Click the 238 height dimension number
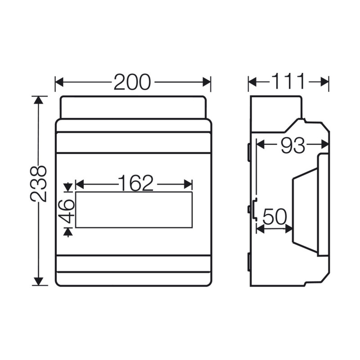coord(39,184)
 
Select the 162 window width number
coord(135,183)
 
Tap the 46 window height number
coord(67,211)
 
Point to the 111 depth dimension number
coord(288,82)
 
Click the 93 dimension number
coord(292,145)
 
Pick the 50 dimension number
coord(274,217)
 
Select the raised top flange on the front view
coord(133,107)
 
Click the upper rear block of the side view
coord(274,113)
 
